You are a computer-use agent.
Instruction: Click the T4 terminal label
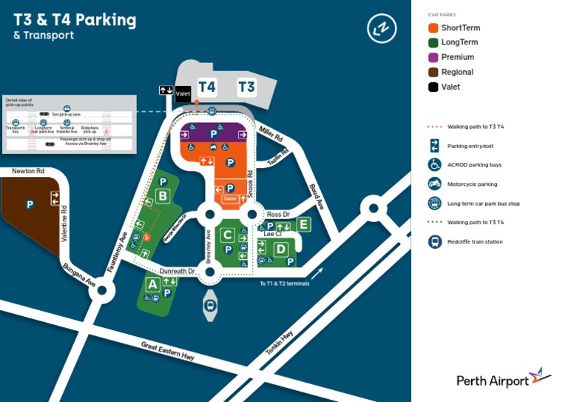(207, 87)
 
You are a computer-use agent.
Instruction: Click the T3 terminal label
(246, 87)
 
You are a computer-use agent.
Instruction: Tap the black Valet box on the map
(183, 93)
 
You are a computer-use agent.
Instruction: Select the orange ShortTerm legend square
(433, 27)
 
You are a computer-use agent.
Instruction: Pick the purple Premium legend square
(433, 57)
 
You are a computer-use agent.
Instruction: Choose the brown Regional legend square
(433, 72)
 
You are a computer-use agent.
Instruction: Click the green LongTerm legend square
(433, 42)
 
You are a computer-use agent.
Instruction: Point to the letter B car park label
(162, 196)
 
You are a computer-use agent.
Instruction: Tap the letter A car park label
(152, 284)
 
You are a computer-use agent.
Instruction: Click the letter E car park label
(302, 223)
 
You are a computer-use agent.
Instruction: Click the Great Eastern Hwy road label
(168, 350)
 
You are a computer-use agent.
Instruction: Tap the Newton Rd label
(28, 171)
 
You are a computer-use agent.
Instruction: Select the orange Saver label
(230, 198)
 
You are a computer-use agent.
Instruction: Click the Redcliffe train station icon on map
(210, 305)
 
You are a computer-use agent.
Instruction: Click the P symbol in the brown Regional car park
(30, 204)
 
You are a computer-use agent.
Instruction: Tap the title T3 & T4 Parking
(75, 19)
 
